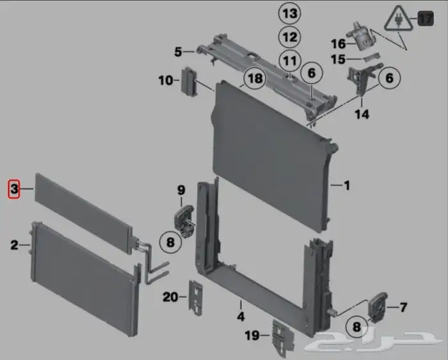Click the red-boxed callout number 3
tap(13, 189)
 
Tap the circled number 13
tap(290, 13)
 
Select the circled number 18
tap(255, 78)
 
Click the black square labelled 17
tap(426, 19)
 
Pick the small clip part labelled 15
tap(372, 56)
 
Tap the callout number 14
tap(362, 115)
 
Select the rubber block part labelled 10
tap(189, 82)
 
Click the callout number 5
tap(178, 52)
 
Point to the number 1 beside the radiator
tap(347, 186)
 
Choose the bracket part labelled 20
tap(195, 298)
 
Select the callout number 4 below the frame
tap(241, 316)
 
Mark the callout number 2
tap(14, 245)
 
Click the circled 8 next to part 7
tap(356, 326)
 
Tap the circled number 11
tap(290, 61)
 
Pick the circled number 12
tap(290, 37)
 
